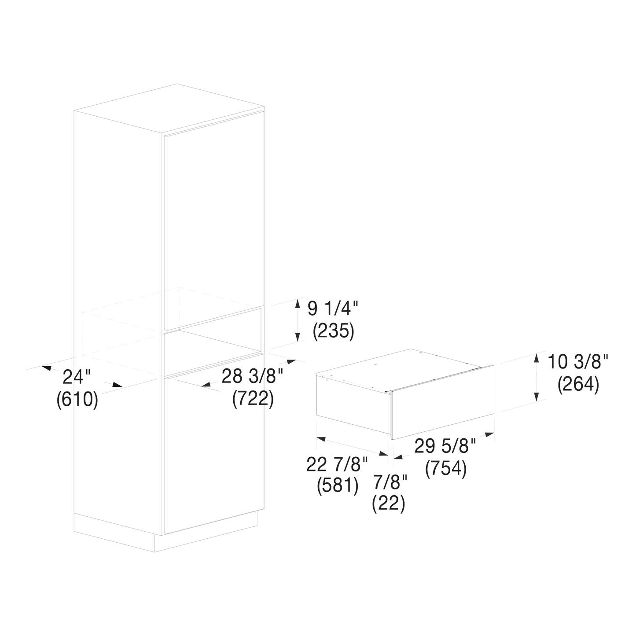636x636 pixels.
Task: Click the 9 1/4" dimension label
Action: click(x=333, y=309)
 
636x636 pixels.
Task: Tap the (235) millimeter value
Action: click(x=333, y=331)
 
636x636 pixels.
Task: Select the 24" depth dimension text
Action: click(x=77, y=377)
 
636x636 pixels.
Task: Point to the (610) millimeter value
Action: click(x=77, y=400)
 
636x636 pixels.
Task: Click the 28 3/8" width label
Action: click(x=253, y=376)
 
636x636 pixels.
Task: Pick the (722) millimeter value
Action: click(x=253, y=399)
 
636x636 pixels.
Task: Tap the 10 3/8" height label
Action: click(x=577, y=362)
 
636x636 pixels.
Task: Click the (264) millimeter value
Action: click(x=578, y=385)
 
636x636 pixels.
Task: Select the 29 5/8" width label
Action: click(x=445, y=446)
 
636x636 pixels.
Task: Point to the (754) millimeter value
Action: click(x=446, y=469)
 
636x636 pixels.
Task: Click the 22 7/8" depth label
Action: click(x=337, y=464)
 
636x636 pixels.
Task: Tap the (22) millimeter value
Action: click(x=389, y=504)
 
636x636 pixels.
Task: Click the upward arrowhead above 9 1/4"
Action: click(x=298, y=303)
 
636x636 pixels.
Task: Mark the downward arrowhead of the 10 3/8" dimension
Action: click(x=537, y=397)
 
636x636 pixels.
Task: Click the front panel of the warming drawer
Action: click(x=443, y=402)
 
